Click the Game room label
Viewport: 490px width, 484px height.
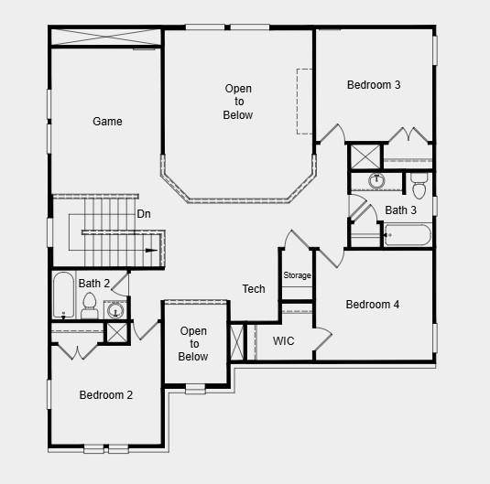point(107,121)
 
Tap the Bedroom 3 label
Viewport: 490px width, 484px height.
point(374,85)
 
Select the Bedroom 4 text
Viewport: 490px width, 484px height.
point(372,305)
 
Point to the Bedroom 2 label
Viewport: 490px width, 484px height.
point(106,395)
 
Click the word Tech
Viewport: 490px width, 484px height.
point(254,289)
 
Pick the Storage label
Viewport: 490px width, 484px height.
point(297,275)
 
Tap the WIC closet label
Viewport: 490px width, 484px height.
point(284,341)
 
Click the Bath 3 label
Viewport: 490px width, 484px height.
point(400,210)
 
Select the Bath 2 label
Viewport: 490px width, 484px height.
point(94,284)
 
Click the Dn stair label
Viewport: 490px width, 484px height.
point(144,214)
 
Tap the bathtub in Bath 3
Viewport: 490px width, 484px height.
point(407,236)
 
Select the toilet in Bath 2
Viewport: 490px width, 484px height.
point(90,307)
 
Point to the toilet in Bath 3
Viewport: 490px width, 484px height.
point(419,185)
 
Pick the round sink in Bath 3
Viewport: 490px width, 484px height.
point(376,180)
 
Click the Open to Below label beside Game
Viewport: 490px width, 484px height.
point(238,102)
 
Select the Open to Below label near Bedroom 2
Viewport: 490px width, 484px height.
point(193,344)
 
